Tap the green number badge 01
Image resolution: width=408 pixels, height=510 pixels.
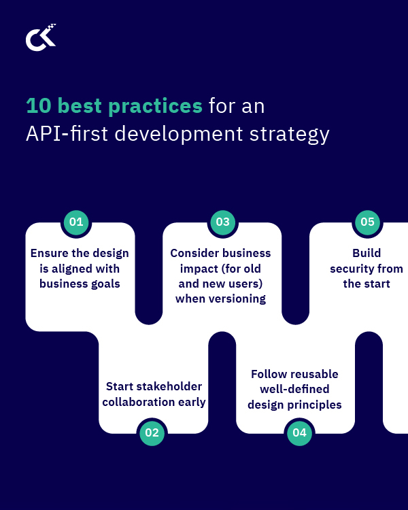[76, 222]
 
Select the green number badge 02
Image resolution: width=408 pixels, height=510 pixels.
[152, 432]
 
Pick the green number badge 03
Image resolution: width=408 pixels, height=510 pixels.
[223, 222]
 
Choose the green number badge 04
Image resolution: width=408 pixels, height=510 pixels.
[299, 432]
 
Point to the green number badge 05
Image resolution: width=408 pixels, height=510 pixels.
[368, 222]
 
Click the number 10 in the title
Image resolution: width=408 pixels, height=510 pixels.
[39, 106]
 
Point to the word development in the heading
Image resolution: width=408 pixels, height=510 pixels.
[178, 134]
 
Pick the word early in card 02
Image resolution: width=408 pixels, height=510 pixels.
[190, 402]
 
